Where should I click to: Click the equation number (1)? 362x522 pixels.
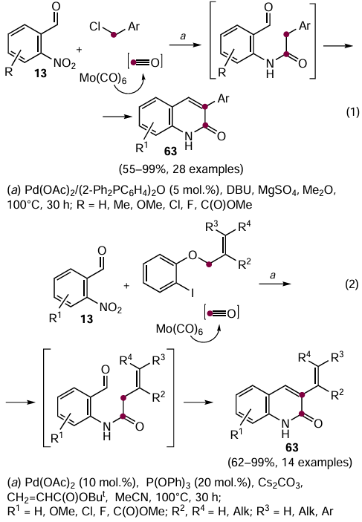point(352,112)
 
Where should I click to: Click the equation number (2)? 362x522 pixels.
point(352,284)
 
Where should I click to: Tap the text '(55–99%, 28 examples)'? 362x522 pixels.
point(181,169)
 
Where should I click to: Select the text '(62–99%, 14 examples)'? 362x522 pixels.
point(290,463)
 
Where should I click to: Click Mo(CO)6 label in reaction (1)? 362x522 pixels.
point(103,79)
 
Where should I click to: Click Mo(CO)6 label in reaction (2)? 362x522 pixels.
point(179,330)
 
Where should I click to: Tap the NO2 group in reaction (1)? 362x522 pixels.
point(65,63)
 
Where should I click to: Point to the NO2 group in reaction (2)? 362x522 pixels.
point(111,308)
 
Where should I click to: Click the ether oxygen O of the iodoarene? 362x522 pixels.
point(193,255)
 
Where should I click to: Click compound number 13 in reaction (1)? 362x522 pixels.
point(41,74)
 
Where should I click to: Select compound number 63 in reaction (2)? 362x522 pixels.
point(291,448)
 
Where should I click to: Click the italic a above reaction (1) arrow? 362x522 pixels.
point(183,36)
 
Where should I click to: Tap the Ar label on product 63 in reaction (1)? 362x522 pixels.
point(223,99)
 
